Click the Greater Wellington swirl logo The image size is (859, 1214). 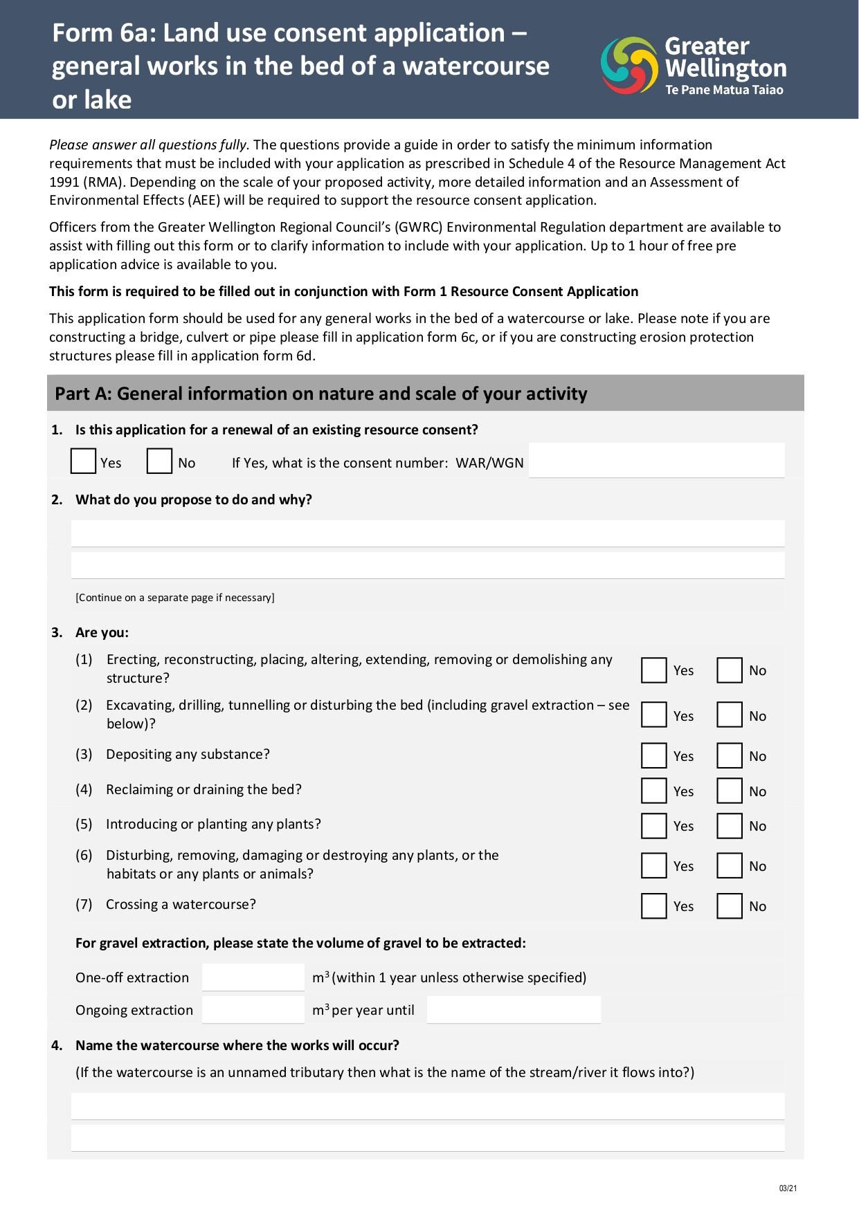(629, 65)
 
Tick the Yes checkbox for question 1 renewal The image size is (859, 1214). (83, 461)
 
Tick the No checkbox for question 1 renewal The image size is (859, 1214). (159, 461)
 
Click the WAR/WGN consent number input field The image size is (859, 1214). (656, 461)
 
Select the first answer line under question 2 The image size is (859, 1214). (428, 533)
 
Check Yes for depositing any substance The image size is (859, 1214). (653, 756)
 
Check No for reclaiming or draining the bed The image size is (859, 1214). (730, 791)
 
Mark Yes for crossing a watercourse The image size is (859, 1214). (653, 906)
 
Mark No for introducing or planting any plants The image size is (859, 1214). (730, 826)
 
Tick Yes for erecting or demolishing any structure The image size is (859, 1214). (653, 670)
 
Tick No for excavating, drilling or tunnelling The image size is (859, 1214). (730, 715)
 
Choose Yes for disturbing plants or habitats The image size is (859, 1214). (653, 866)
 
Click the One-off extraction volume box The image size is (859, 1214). (253, 977)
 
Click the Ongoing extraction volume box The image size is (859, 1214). (253, 1010)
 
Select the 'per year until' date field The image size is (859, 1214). (514, 1010)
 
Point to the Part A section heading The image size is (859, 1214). (321, 394)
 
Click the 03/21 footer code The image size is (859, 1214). (788, 1188)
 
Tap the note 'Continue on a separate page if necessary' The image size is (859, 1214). (175, 598)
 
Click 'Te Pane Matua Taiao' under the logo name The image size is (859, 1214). (724, 90)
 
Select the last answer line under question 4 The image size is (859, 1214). (428, 1138)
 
